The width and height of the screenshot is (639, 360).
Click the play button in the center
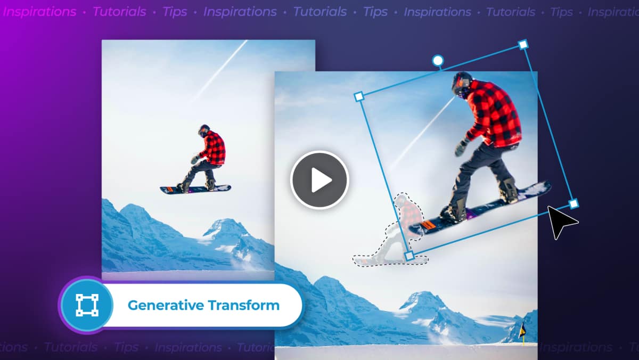pos(319,181)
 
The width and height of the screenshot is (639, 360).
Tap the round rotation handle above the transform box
pos(438,61)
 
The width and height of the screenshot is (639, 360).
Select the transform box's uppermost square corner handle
pos(523,44)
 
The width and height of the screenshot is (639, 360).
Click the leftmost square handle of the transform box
pos(359,96)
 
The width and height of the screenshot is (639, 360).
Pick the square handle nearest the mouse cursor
pos(574,203)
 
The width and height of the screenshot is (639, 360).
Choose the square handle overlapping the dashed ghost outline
pos(409,256)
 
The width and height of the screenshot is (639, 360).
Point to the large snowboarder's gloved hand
pos(461,148)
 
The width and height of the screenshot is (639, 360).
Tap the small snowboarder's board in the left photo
pos(195,189)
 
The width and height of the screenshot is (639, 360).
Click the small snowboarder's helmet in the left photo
pos(204,130)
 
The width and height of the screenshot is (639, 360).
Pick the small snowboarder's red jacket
pos(214,148)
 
